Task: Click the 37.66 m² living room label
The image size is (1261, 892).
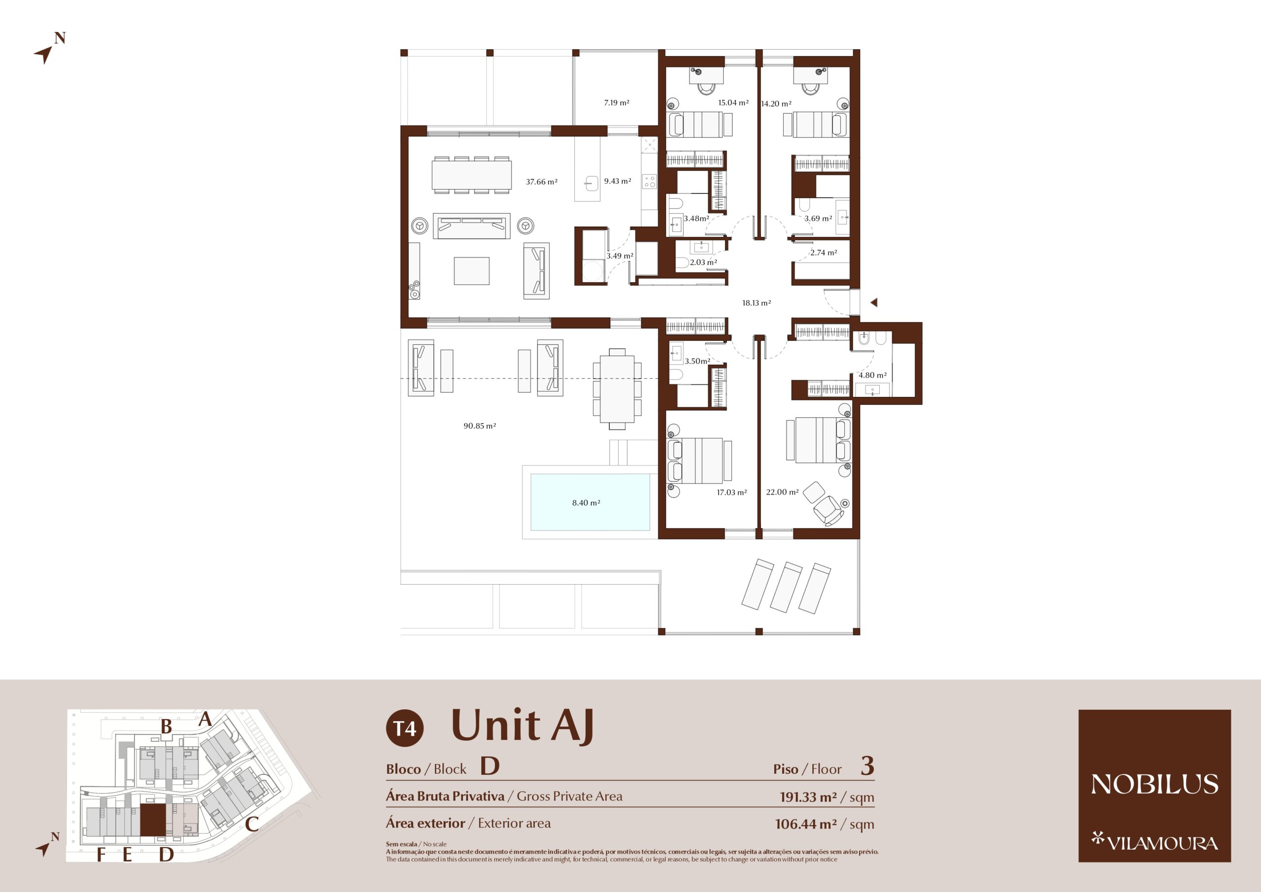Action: (541, 182)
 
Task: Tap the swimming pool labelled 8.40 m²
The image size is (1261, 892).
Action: (591, 502)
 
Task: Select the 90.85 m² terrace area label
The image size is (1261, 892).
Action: (479, 426)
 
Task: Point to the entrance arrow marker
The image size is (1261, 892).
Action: (874, 302)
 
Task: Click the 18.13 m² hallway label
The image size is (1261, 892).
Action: (756, 302)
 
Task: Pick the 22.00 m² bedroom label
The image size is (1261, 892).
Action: (782, 492)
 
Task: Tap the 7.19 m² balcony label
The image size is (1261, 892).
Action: (616, 103)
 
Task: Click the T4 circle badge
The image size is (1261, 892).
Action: (405, 728)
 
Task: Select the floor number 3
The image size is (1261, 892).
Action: (867, 766)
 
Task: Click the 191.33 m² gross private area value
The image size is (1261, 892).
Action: (808, 796)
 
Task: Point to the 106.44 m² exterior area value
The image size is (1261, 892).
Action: (806, 824)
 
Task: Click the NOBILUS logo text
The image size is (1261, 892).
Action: (1155, 784)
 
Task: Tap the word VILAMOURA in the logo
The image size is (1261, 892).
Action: (1162, 843)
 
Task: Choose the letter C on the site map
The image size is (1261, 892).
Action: (252, 824)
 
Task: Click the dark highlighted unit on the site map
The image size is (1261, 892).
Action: (153, 820)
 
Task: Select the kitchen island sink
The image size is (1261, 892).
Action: (592, 183)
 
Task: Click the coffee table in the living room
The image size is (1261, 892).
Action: (471, 271)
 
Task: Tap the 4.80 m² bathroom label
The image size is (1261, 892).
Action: (873, 375)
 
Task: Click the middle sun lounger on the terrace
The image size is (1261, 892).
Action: (786, 587)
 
